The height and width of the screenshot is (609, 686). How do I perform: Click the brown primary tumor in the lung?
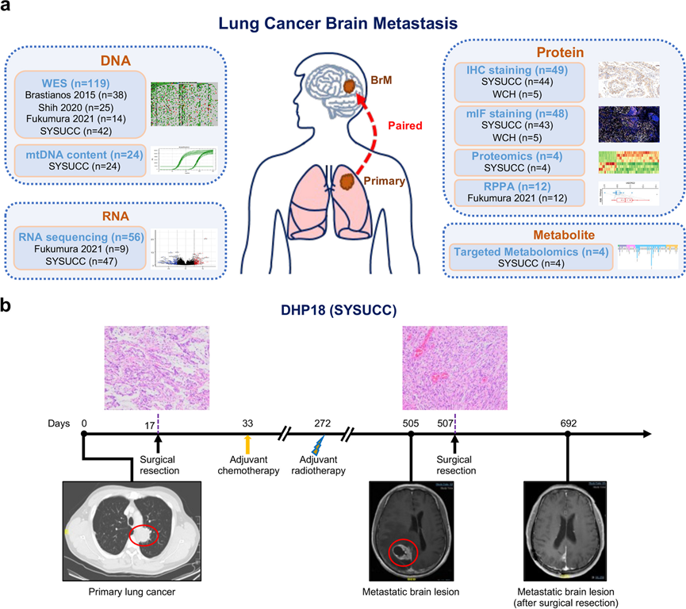(x=347, y=182)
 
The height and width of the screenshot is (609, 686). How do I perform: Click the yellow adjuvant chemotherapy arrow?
(x=247, y=445)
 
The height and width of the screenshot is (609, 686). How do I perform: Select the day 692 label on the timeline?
(x=567, y=423)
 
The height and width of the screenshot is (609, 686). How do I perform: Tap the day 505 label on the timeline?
(x=410, y=423)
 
